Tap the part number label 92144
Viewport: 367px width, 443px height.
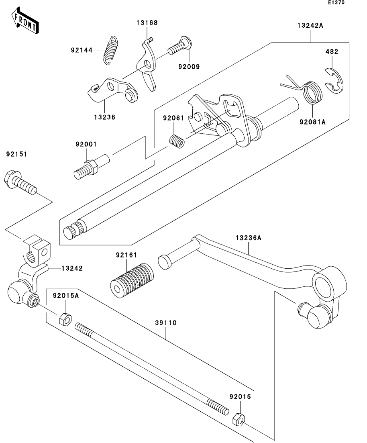[82, 50]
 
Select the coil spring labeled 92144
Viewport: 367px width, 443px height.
[111, 50]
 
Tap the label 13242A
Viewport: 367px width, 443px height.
[310, 25]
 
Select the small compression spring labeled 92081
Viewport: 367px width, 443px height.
[176, 141]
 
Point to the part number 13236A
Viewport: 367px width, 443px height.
[248, 238]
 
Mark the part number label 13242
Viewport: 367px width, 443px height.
[72, 268]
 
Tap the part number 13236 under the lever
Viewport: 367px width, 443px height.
[105, 117]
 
